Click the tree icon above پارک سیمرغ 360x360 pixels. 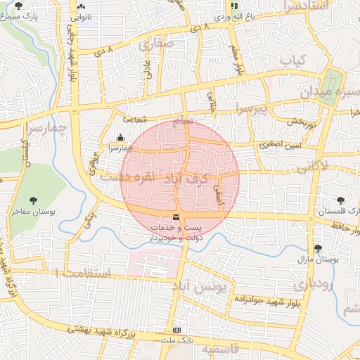point(18,5)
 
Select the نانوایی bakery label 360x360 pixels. point(80,15)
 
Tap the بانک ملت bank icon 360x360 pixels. point(176,330)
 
